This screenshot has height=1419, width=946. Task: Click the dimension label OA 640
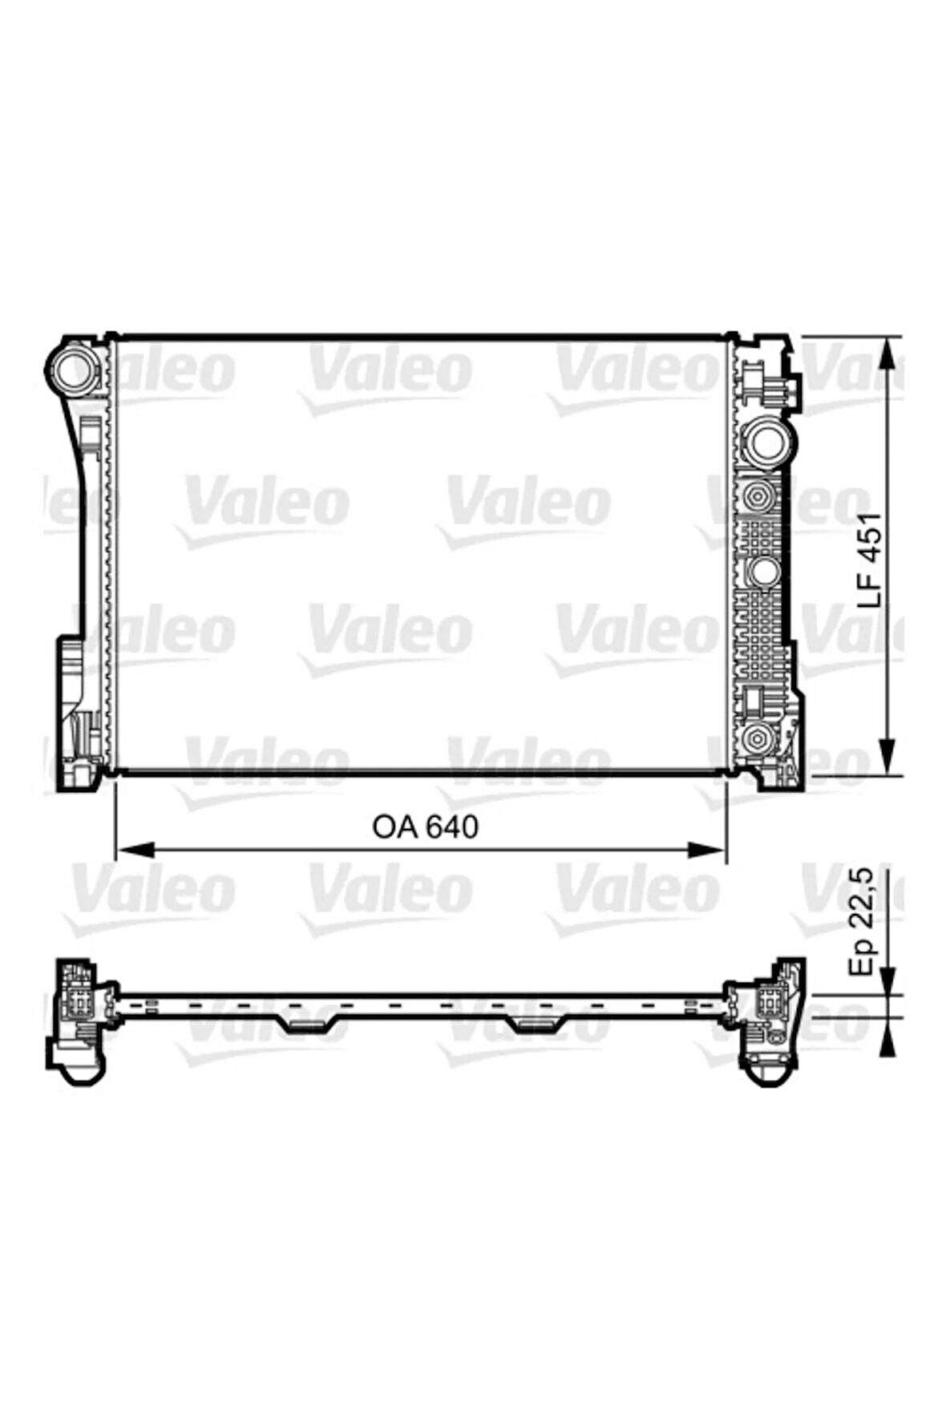click(x=425, y=827)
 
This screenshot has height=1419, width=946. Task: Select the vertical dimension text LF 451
click(x=870, y=559)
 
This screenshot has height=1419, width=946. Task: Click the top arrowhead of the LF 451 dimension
click(x=887, y=353)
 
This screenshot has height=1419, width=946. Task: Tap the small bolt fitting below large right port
click(x=757, y=498)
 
